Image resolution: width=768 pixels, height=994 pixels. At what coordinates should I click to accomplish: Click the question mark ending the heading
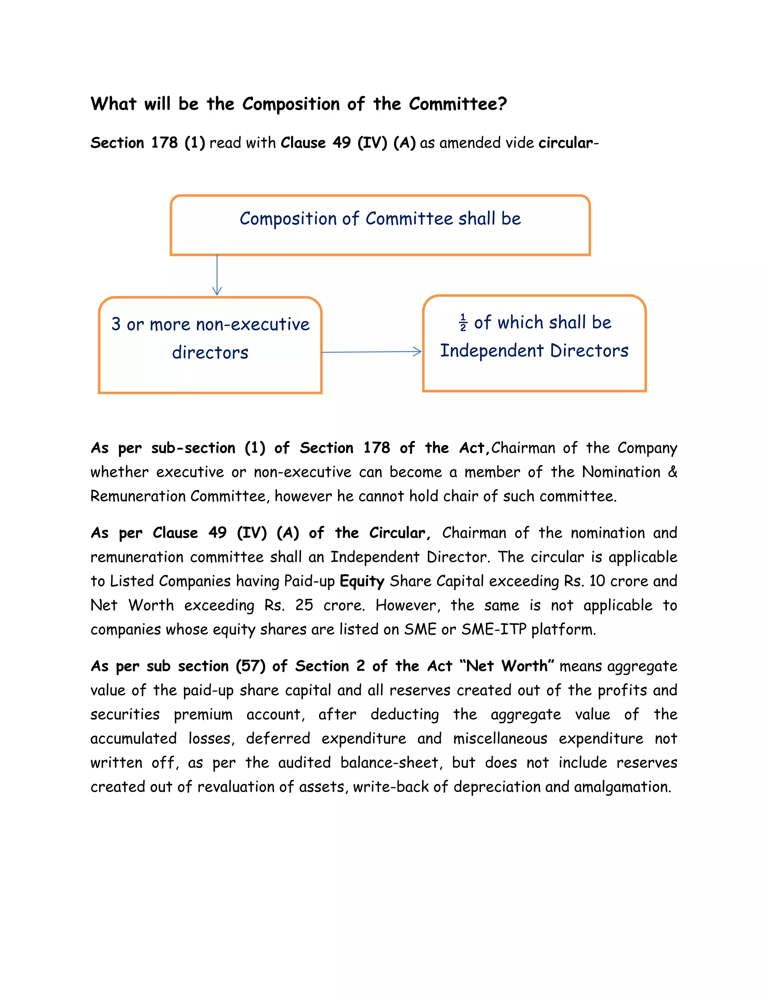coord(502,104)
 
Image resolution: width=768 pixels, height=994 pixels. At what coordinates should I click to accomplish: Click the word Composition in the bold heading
coord(291,104)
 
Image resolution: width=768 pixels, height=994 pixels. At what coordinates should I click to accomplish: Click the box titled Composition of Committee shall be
coord(380,225)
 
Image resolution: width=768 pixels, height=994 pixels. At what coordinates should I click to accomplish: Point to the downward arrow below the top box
coord(217,275)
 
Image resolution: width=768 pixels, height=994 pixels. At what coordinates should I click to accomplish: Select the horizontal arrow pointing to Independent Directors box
coord(372,352)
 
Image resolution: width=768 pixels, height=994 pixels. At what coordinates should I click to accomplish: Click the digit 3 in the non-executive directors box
coord(116,324)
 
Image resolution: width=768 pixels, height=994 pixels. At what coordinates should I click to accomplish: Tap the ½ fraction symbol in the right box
coord(463,323)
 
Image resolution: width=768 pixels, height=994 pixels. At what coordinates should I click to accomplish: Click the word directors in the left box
coord(210,353)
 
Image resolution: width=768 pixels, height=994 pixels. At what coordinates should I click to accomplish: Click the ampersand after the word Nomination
coord(672,472)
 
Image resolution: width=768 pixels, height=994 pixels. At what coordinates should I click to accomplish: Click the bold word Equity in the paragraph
coord(362,581)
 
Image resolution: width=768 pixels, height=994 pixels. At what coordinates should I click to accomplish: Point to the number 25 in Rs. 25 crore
coord(304,605)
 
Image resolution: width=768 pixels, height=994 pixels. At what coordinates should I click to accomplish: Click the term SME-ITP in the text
coord(493,629)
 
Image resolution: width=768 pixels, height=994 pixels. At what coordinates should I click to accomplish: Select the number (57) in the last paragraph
coord(251,666)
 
